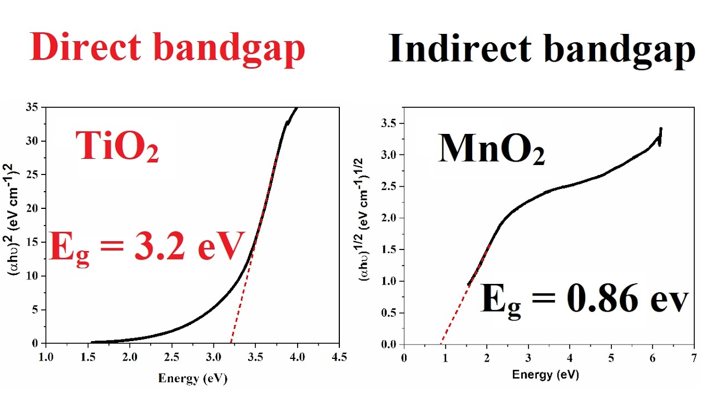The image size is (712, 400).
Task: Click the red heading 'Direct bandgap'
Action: click(x=168, y=48)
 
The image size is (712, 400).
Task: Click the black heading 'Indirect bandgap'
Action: click(x=542, y=49)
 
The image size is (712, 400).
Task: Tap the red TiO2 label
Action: click(x=117, y=147)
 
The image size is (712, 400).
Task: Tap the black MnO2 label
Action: click(x=491, y=149)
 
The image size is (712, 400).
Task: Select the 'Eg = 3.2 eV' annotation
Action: click(x=147, y=247)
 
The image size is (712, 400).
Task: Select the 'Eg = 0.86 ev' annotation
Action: click(x=584, y=299)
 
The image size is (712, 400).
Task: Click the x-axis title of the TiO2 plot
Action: click(x=193, y=379)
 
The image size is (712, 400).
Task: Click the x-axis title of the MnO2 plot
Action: click(x=545, y=375)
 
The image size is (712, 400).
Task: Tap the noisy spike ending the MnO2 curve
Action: click(x=660, y=137)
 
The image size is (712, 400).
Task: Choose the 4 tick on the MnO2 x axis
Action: click(x=569, y=357)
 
